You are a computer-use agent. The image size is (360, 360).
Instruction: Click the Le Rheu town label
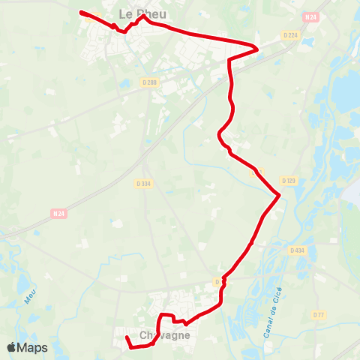tap(142, 13)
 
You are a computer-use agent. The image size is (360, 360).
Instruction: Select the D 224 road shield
tap(290, 34)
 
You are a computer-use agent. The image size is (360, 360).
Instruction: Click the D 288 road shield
tap(150, 84)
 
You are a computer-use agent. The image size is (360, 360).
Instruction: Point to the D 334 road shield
tap(144, 183)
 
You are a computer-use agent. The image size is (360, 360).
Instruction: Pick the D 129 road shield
tap(289, 181)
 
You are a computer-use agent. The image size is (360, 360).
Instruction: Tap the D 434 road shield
tap(297, 250)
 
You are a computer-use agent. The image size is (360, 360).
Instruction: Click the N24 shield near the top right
tap(311, 16)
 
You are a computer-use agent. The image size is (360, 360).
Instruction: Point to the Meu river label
tap(30, 298)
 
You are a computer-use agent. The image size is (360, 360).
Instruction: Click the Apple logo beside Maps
tap(13, 347)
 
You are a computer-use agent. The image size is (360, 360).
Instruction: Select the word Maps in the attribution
tap(33, 347)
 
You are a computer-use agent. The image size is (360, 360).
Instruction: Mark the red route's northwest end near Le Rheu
tap(81, 12)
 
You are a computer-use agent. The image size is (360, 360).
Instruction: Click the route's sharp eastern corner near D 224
tap(258, 49)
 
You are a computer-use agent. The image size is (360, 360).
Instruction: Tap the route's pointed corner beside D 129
tap(279, 196)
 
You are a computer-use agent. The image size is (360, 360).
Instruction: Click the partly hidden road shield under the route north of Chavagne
tap(217, 282)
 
